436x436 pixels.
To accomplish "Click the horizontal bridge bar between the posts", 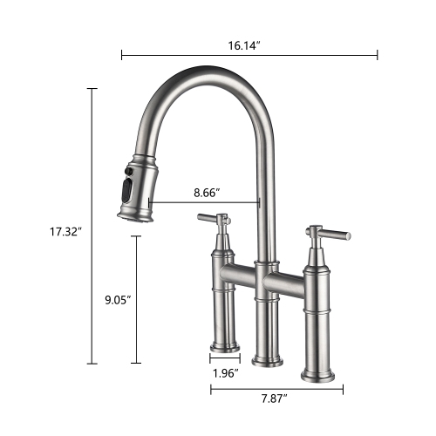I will (262, 279).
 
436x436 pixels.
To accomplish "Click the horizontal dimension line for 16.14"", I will (249, 56).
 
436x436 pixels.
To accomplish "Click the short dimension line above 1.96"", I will (225, 356).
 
